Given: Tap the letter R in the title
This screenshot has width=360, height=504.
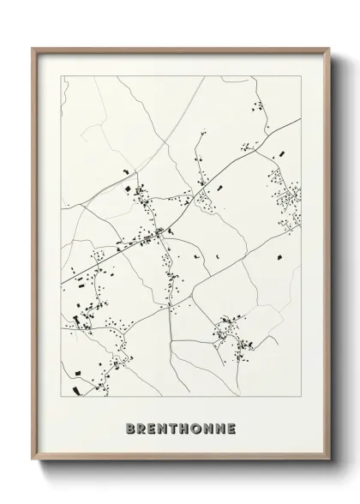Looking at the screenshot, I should tap(142, 426).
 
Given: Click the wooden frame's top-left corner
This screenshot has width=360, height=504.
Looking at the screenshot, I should tap(33, 48).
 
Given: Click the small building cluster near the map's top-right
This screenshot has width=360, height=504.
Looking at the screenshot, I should tap(257, 106).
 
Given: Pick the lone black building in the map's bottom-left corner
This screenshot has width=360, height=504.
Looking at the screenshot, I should tap(76, 369).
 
